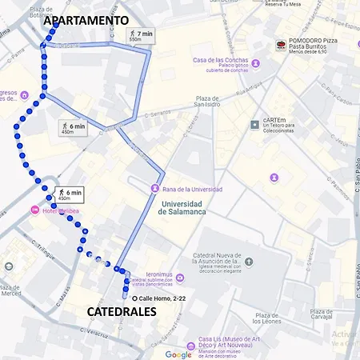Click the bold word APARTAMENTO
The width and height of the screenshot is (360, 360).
86,20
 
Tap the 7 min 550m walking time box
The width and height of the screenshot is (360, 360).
141,35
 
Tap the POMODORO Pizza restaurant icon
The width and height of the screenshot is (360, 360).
281,45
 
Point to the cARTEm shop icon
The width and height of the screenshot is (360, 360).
254,124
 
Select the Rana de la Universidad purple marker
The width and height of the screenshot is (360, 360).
154,189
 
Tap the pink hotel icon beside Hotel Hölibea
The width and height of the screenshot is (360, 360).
34,210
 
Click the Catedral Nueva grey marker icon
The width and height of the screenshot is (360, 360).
248,262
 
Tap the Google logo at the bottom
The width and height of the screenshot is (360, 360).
178,354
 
